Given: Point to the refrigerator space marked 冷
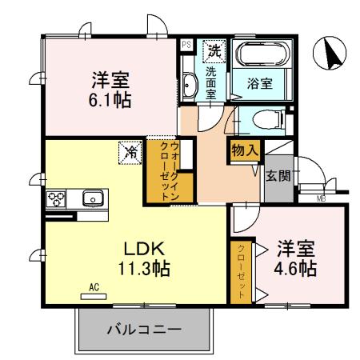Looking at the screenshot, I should (x=128, y=150).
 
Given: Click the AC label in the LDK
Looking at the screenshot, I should (x=93, y=286).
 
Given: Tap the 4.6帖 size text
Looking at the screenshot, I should (x=297, y=267).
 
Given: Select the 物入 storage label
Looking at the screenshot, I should (x=244, y=150).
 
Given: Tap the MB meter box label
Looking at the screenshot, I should (x=320, y=198).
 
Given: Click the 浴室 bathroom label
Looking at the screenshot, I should (x=259, y=82).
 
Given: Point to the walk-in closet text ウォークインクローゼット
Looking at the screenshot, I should (x=170, y=170).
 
